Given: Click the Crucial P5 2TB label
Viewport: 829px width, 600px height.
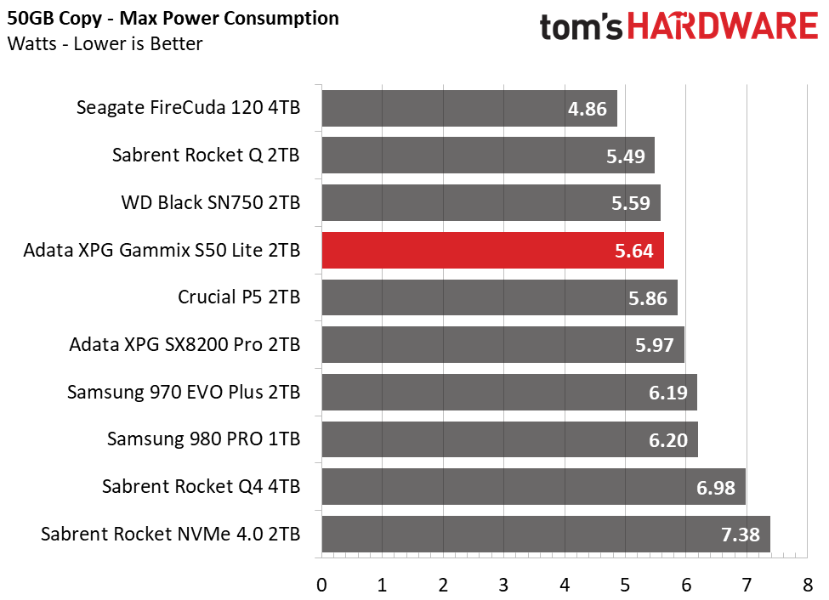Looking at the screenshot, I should click(x=238, y=297).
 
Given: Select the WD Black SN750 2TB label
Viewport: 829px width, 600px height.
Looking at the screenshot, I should click(x=210, y=203).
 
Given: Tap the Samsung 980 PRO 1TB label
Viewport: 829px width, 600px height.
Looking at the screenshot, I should click(x=203, y=439).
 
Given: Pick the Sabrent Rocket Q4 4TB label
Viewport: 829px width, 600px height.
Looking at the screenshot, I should click(x=201, y=487).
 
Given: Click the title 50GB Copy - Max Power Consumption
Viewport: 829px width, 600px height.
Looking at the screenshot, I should click(x=173, y=18).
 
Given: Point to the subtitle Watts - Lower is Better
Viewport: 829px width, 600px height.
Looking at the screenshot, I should click(x=105, y=43).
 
